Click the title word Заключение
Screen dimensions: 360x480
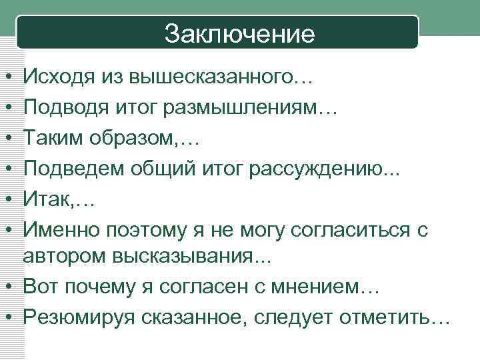(239, 33)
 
